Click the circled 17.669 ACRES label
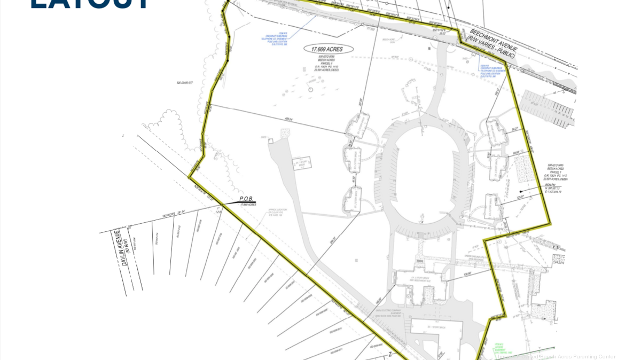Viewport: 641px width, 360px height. pos(328,49)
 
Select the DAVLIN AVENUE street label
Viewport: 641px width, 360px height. pos(117,247)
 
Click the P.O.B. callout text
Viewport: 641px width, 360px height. pos(247,199)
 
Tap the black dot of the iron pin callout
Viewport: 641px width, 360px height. pos(521,191)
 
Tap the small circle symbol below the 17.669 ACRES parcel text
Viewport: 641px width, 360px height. pos(310,90)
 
